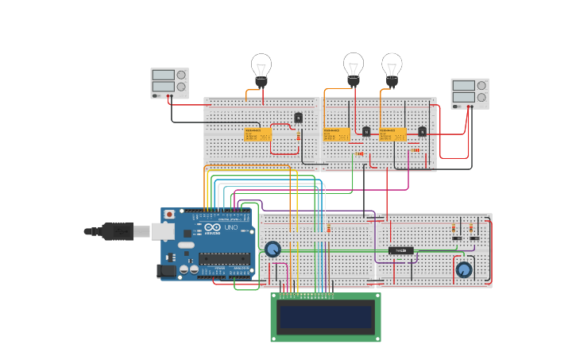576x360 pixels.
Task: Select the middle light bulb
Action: tap(354, 66)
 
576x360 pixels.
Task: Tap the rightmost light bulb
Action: tap(392, 67)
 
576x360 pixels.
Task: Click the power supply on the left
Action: tap(169, 83)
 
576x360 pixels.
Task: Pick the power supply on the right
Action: tap(470, 93)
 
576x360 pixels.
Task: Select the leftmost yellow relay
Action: tap(257, 134)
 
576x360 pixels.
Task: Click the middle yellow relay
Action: tap(337, 134)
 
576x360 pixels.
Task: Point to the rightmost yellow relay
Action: tap(392, 134)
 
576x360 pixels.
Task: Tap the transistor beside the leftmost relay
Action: tap(298, 118)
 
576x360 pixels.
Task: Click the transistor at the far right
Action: tap(423, 131)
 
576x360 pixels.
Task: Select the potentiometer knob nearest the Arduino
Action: tap(273, 250)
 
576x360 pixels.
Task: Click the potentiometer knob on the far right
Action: tap(464, 269)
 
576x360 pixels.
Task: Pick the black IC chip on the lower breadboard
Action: tap(400, 250)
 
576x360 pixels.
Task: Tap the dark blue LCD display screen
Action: tap(326, 317)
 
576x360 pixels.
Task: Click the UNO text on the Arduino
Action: tap(231, 227)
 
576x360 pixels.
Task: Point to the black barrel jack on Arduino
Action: tap(166, 271)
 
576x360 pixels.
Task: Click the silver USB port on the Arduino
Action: tap(162, 231)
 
